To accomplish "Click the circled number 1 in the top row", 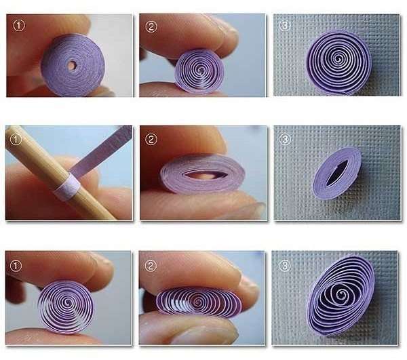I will click(x=18, y=27).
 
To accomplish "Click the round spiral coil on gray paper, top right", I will click(x=338, y=62).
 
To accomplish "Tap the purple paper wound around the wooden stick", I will click(x=66, y=188).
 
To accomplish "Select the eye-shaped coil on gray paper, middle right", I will click(x=337, y=173).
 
